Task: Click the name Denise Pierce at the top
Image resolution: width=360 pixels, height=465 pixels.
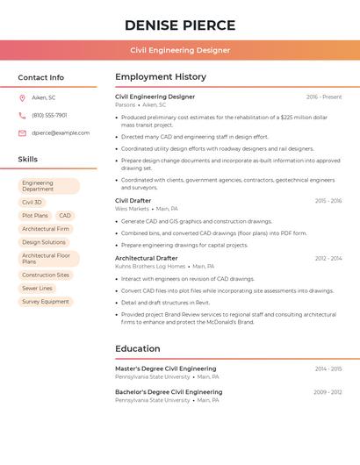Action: point(180,25)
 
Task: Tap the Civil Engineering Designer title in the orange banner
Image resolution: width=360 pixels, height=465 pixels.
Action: point(180,50)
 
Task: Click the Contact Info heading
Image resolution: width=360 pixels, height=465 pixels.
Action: point(41,77)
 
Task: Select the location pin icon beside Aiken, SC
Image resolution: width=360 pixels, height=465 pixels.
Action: point(22,97)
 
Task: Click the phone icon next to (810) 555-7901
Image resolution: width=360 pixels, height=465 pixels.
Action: point(22,115)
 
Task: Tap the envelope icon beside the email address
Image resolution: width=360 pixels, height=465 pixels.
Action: point(22,133)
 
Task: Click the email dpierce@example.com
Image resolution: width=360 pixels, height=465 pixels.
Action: point(61,133)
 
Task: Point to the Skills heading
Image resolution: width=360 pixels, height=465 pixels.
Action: point(28,160)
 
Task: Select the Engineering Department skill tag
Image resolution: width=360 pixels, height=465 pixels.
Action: point(48,186)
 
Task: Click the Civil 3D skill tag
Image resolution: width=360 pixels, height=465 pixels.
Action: point(32,202)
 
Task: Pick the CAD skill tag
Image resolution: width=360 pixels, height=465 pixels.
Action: point(65,215)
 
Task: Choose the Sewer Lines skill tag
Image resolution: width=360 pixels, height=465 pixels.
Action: point(37,288)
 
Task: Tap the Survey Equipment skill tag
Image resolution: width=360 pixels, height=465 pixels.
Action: point(46,302)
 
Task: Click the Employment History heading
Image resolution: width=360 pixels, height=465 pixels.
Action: point(161,77)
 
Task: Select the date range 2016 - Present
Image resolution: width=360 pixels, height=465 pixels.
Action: point(324,97)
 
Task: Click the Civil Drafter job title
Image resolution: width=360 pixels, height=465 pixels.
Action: point(133,201)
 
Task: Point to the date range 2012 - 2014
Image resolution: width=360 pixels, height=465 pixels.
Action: point(328,259)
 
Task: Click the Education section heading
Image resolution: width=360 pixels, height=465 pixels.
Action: point(138,348)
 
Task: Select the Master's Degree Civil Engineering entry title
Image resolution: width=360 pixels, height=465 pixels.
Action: point(165,368)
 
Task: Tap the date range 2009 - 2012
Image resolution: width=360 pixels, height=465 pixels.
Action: point(328,392)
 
